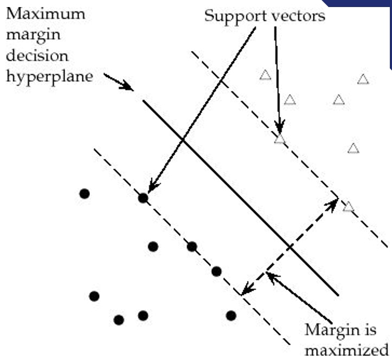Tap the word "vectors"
click(x=299, y=16)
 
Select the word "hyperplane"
click(x=50, y=76)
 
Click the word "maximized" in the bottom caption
click(x=346, y=350)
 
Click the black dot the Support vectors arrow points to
click(x=143, y=198)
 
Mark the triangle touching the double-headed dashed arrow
click(x=349, y=207)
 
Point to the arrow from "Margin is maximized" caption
click(x=298, y=298)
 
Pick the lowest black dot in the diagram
click(x=119, y=320)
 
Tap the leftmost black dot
click(x=84, y=194)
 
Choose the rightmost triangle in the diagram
click(x=363, y=80)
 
